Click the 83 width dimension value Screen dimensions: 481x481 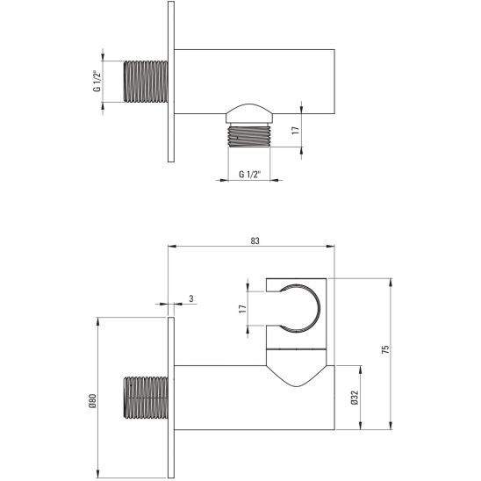coord(255,240)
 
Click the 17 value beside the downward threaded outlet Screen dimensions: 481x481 coord(295,129)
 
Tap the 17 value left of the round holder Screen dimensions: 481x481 coord(242,310)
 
